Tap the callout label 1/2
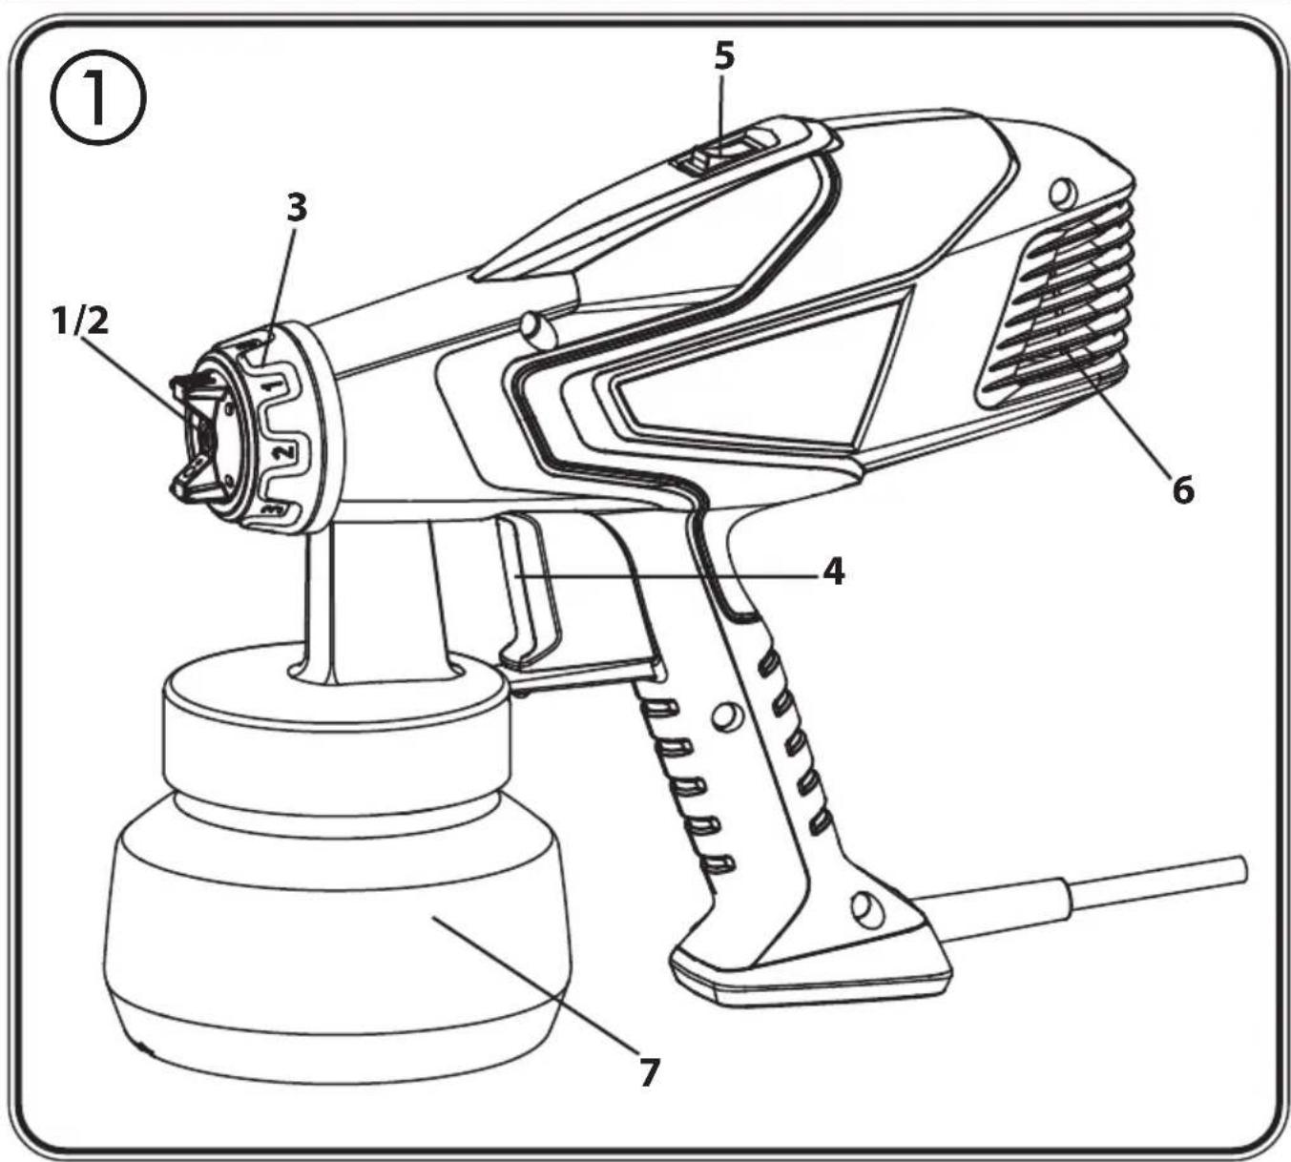click(x=81, y=322)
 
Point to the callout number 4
click(x=833, y=571)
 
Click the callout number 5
click(x=724, y=56)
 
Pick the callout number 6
click(x=1183, y=491)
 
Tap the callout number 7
click(x=648, y=1072)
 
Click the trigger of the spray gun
click(x=529, y=592)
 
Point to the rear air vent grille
click(x=1055, y=302)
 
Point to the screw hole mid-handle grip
click(x=726, y=715)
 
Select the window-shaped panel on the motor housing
click(x=760, y=373)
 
